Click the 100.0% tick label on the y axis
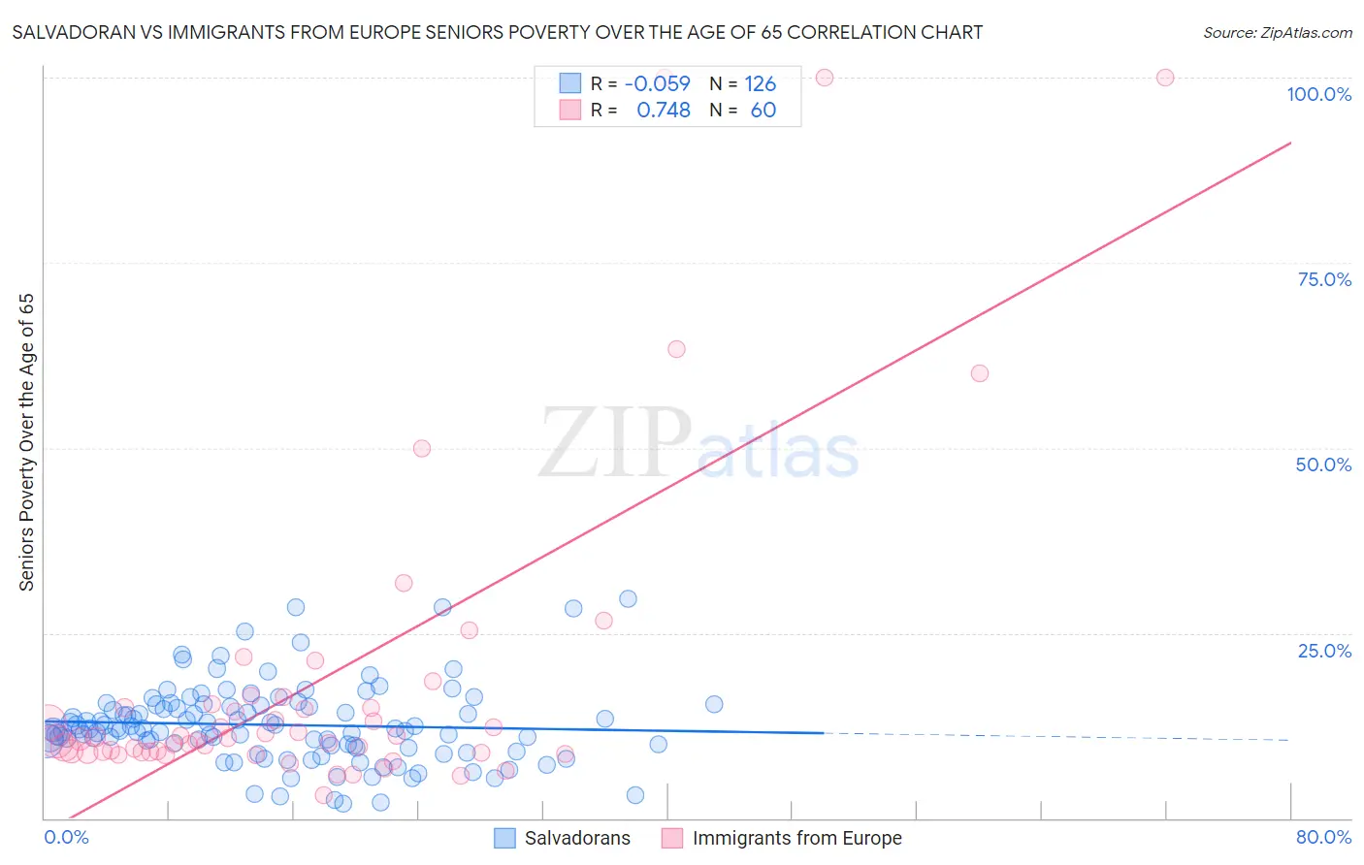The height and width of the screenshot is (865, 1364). pyautogui.click(x=1318, y=94)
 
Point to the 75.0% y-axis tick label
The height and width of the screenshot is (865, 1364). pyautogui.click(x=1324, y=279)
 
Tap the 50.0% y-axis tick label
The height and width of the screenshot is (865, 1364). pyautogui.click(x=1323, y=465)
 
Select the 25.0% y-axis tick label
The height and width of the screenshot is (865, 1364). pyautogui.click(x=1324, y=651)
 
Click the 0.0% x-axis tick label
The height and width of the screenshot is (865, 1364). pyautogui.click(x=66, y=838)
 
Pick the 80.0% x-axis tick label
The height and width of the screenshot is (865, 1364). pyautogui.click(x=1323, y=838)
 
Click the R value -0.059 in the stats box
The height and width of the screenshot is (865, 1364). pyautogui.click(x=657, y=83)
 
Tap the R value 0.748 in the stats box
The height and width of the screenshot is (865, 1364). pyautogui.click(x=663, y=111)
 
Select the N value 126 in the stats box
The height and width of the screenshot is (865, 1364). pyautogui.click(x=761, y=83)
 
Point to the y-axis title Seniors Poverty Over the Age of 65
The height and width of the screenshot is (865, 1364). pyautogui.click(x=27, y=442)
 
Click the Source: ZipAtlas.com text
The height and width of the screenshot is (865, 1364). pyautogui.click(x=1277, y=33)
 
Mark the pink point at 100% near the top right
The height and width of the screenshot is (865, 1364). pyautogui.click(x=1165, y=78)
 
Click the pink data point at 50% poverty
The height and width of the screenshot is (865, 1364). pyautogui.click(x=421, y=448)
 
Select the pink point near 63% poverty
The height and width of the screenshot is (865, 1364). pyautogui.click(x=676, y=349)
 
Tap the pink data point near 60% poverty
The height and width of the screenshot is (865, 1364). pyautogui.click(x=980, y=373)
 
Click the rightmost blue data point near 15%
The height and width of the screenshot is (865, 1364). pyautogui.click(x=714, y=704)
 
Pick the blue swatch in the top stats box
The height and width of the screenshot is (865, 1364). pyautogui.click(x=569, y=83)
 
